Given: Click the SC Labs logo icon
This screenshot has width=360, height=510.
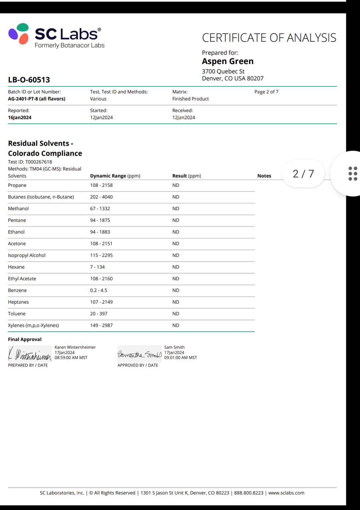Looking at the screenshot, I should pyautogui.click(x=19, y=34).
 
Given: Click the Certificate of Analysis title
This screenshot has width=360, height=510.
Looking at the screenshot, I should pyautogui.click(x=269, y=38).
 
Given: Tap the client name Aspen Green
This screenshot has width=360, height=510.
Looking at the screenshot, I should pyautogui.click(x=228, y=61).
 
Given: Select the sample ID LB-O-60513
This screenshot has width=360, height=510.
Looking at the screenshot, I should pyautogui.click(x=29, y=80).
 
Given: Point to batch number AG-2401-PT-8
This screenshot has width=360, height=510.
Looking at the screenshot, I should pyautogui.click(x=37, y=99).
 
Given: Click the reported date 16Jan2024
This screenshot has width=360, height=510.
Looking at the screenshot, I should pyautogui.click(x=20, y=117).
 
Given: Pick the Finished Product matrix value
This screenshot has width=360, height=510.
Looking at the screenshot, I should pyautogui.click(x=190, y=99).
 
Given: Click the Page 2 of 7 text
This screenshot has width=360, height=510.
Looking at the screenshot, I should pyautogui.click(x=266, y=92).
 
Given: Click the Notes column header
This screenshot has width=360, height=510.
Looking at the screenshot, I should pyautogui.click(x=264, y=176).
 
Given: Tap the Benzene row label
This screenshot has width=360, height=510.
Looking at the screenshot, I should pyautogui.click(x=17, y=290).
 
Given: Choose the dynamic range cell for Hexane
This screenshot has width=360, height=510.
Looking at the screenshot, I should pyautogui.click(x=97, y=267).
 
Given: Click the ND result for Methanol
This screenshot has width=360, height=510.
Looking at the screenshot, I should pyautogui.click(x=176, y=208).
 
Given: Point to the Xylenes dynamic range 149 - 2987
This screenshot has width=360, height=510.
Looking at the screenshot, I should pyautogui.click(x=101, y=325).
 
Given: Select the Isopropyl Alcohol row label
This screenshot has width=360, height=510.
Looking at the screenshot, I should pyautogui.click(x=27, y=255).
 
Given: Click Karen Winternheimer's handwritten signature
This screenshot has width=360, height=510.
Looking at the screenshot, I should pyautogui.click(x=30, y=354).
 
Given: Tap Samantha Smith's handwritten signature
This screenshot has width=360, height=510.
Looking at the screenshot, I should pyautogui.click(x=139, y=354).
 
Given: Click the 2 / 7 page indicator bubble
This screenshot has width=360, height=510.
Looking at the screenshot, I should pyautogui.click(x=303, y=174).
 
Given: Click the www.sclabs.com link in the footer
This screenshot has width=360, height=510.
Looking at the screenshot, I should pyautogui.click(x=286, y=493).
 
